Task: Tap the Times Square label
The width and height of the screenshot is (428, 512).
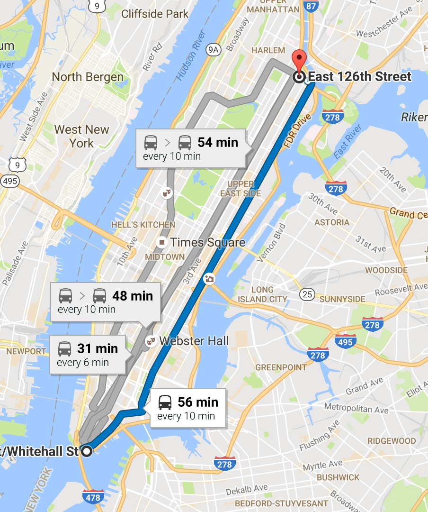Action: pos(207,243)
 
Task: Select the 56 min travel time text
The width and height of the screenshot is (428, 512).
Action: pos(198,402)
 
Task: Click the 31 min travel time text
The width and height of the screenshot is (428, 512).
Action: pos(98,349)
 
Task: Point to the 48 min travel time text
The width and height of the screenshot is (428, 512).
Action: pos(133,296)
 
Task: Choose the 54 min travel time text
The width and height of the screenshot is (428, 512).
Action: pos(218,142)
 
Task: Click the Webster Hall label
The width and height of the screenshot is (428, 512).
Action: pos(194,341)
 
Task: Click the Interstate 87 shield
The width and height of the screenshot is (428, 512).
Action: pos(311,6)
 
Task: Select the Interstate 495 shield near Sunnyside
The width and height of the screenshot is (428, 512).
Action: pos(345,341)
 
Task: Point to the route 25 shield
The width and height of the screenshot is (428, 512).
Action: pos(307,295)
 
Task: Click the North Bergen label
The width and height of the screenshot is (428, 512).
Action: pos(88,77)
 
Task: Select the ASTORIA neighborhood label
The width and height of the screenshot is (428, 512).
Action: pos(335,222)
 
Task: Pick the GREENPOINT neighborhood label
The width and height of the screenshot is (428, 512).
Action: pos(281,367)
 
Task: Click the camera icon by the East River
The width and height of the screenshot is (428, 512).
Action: pos(209,279)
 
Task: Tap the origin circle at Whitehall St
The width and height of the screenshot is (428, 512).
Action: pos(87,451)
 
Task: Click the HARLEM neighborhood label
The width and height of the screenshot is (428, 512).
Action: pos(268,50)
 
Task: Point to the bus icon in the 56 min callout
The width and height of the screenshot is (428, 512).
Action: pos(165,402)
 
